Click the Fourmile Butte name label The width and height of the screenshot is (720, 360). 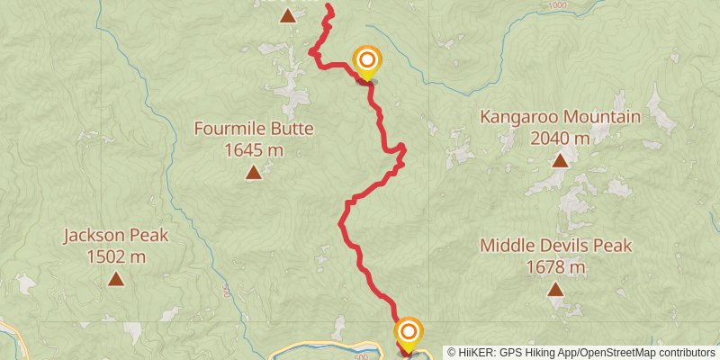point(254,129)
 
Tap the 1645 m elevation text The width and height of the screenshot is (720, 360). point(254,148)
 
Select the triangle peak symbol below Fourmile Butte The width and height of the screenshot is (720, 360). point(254,173)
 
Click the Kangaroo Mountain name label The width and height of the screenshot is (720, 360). point(560,117)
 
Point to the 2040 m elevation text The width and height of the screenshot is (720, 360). point(560,138)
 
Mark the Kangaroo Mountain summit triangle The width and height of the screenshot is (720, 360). point(560,161)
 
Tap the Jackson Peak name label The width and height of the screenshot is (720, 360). point(116,237)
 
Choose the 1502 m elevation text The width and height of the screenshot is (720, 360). point(116,256)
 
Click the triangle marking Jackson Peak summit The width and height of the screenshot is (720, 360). point(116,280)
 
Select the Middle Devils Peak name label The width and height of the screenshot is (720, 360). point(556,246)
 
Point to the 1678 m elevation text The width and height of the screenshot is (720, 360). point(556,266)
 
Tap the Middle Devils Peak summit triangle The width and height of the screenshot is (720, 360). point(555,290)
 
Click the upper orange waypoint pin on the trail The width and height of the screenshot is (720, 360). point(367,62)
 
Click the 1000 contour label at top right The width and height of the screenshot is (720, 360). point(557,6)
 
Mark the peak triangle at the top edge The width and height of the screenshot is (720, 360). point(287,14)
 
